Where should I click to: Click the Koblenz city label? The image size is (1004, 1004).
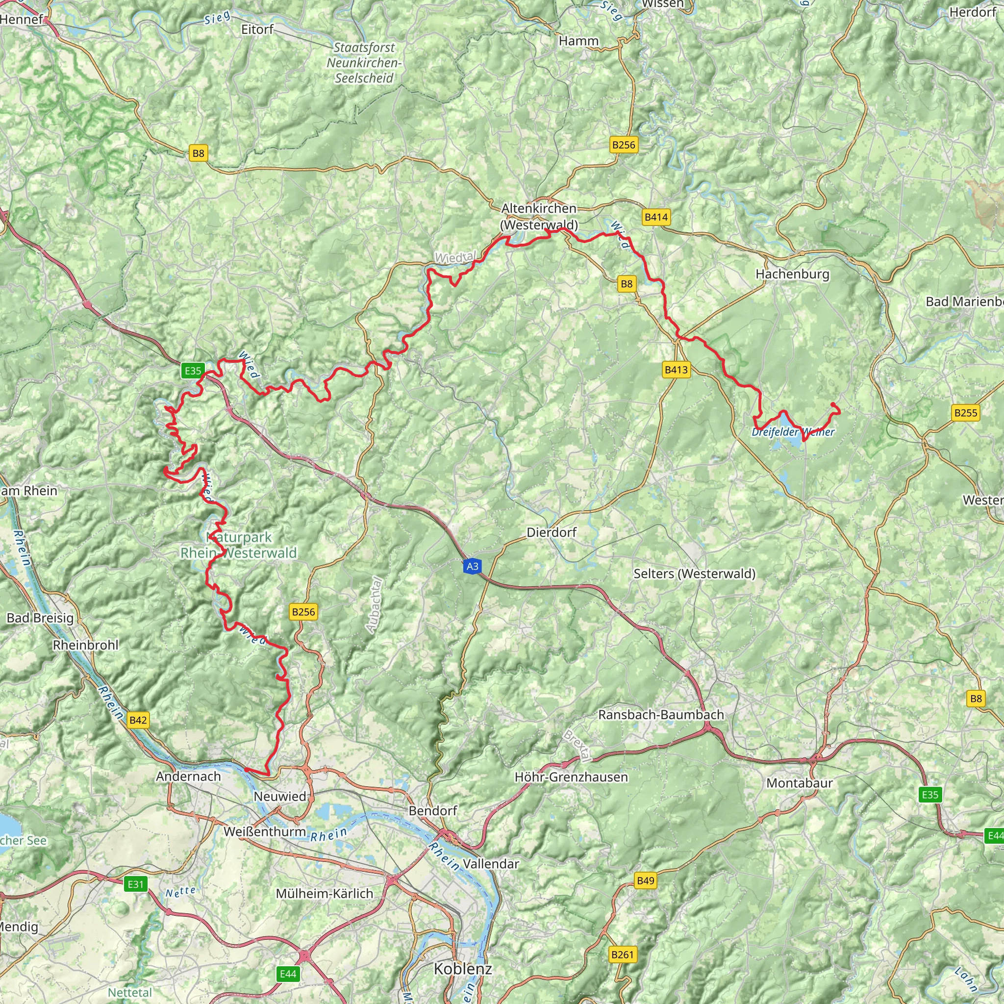coord(462,969)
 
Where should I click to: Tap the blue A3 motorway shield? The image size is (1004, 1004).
coord(472,566)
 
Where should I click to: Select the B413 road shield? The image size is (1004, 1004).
coord(676,370)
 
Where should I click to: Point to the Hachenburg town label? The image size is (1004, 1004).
coord(792,274)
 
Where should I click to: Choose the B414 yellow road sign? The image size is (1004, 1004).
coord(655,217)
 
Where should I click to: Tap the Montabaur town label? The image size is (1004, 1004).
coord(799,782)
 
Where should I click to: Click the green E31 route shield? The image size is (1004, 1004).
coord(136,884)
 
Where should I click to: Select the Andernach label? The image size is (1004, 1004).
coord(188,776)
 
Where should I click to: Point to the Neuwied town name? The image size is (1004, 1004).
coord(279,796)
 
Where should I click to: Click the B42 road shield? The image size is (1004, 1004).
coord(138,720)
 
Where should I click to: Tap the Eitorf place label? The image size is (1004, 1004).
coord(257,29)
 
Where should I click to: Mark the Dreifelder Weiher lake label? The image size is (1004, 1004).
coord(793,432)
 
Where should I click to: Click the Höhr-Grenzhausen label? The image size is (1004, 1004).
coord(571,777)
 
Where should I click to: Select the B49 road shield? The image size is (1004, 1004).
coord(645,880)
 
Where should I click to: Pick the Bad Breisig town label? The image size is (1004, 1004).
coord(40,618)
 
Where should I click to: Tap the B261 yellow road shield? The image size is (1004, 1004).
coord(622,954)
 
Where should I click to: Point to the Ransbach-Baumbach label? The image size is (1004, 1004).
coord(660,715)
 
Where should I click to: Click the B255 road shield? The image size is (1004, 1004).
coord(966,413)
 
